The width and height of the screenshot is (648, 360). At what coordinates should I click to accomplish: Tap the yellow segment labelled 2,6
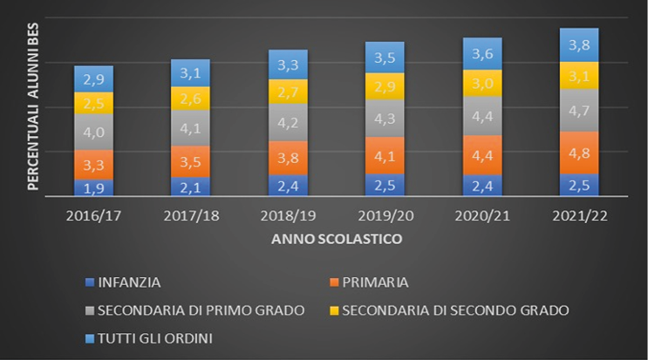(x=190, y=98)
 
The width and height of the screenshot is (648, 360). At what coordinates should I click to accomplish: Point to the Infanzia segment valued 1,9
(x=93, y=187)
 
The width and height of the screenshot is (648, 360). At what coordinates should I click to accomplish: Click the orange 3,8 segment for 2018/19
(x=287, y=158)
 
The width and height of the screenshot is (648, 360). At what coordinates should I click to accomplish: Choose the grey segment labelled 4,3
(x=384, y=118)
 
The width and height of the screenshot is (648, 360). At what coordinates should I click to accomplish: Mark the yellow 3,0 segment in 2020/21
(x=481, y=83)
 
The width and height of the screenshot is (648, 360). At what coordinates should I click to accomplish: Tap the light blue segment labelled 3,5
(x=384, y=58)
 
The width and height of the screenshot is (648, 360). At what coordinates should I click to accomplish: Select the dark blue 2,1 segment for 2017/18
(x=190, y=186)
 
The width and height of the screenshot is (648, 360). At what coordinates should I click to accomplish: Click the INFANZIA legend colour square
(x=91, y=282)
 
